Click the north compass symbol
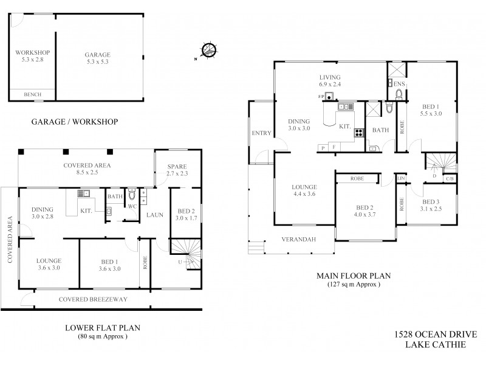(x=209, y=50)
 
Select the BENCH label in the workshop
(x=32, y=95)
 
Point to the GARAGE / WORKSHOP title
(x=74, y=122)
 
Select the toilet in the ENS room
(x=399, y=94)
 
